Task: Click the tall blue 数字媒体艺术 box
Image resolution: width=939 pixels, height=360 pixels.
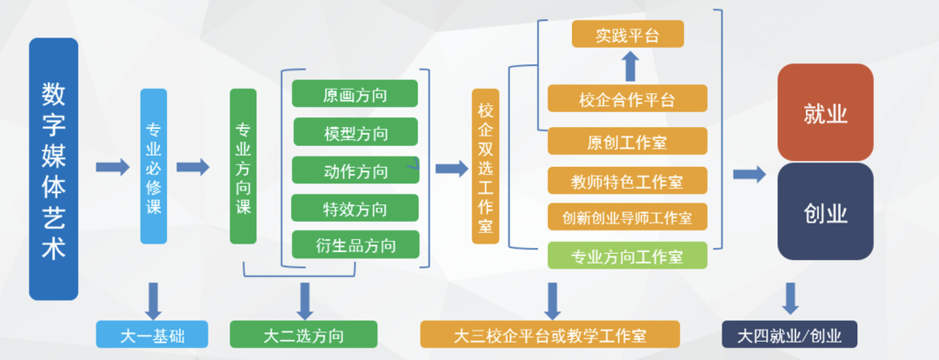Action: tap(53, 169)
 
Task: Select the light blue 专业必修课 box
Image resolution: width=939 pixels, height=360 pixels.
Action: tap(153, 167)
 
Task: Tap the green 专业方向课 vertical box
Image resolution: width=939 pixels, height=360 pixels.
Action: tap(243, 167)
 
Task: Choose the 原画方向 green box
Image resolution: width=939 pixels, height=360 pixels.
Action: tap(355, 93)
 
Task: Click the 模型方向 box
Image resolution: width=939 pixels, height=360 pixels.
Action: tap(356, 132)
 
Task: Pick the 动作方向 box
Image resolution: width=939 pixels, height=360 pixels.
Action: tap(356, 170)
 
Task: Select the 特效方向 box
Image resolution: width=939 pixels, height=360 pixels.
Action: tap(355, 208)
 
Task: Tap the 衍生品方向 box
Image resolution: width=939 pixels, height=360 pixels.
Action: tap(356, 244)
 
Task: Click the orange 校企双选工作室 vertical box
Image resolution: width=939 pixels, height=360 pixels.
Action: tap(486, 167)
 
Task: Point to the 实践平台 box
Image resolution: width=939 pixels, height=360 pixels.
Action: tap(628, 34)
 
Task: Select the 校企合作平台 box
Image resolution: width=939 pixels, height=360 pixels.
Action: tap(628, 98)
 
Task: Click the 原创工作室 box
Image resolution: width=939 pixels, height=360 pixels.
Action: tap(628, 142)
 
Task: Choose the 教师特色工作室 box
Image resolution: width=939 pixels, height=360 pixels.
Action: tap(628, 180)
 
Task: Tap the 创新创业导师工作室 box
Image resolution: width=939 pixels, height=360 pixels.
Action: tap(628, 217)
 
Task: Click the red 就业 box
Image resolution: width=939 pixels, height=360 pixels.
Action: tap(825, 113)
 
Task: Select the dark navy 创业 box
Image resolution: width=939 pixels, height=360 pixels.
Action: tap(825, 211)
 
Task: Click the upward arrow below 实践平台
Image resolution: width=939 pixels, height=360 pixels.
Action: tap(630, 66)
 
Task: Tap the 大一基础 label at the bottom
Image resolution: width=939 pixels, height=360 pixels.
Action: tap(152, 334)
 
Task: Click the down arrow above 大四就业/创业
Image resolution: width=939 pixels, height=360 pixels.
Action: tap(790, 298)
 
